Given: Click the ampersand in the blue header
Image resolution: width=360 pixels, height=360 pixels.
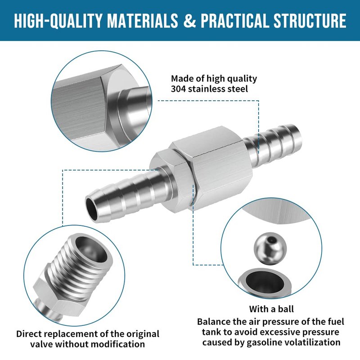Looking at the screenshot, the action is tap(189, 20).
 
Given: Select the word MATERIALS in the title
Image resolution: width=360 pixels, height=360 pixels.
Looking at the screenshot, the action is tap(143, 20).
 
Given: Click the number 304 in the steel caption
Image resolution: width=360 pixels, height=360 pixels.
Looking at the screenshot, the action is tap(178, 89).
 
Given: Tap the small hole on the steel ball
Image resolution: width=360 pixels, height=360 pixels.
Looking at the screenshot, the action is tap(273, 240).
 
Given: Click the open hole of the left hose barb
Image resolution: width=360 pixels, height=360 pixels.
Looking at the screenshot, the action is tap(91, 208).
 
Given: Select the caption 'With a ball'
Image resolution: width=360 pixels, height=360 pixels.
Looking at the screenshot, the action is tap(271, 309).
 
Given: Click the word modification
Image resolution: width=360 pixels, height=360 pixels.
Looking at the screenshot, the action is tap(120, 344).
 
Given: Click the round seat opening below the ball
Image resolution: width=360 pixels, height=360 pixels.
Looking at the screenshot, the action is tap(265, 282).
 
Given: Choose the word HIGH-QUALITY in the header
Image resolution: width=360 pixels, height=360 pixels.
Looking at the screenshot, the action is tap(58, 21).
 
